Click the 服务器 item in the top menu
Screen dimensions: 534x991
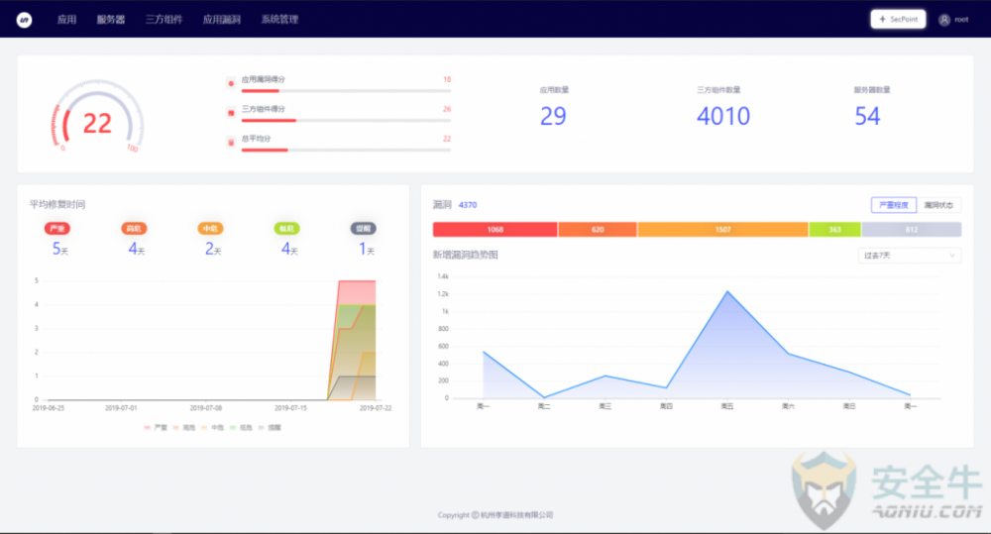[111, 19]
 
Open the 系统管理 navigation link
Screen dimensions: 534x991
[279, 19]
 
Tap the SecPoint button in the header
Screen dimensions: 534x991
[898, 19]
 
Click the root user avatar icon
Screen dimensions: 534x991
[943, 19]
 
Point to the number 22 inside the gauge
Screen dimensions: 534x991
[97, 123]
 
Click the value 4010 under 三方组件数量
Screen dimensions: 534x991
[723, 116]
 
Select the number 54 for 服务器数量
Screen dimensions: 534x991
[867, 116]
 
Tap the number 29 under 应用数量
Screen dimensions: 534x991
[553, 116]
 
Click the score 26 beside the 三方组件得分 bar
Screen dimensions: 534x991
[447, 109]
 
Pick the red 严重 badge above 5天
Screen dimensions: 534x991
[57, 228]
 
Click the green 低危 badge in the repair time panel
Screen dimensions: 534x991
[287, 228]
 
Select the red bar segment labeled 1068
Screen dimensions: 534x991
[495, 230]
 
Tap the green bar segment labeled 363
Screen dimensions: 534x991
[834, 230]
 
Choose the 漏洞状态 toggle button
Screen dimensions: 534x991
[938, 205]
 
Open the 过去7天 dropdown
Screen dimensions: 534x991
[909, 255]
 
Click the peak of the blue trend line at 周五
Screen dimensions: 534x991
[727, 291]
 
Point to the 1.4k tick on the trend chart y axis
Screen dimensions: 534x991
[444, 276]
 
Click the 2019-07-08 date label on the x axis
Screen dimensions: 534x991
[206, 407]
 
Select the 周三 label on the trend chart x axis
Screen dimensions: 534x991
[606, 406]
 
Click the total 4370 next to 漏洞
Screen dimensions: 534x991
[468, 205]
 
